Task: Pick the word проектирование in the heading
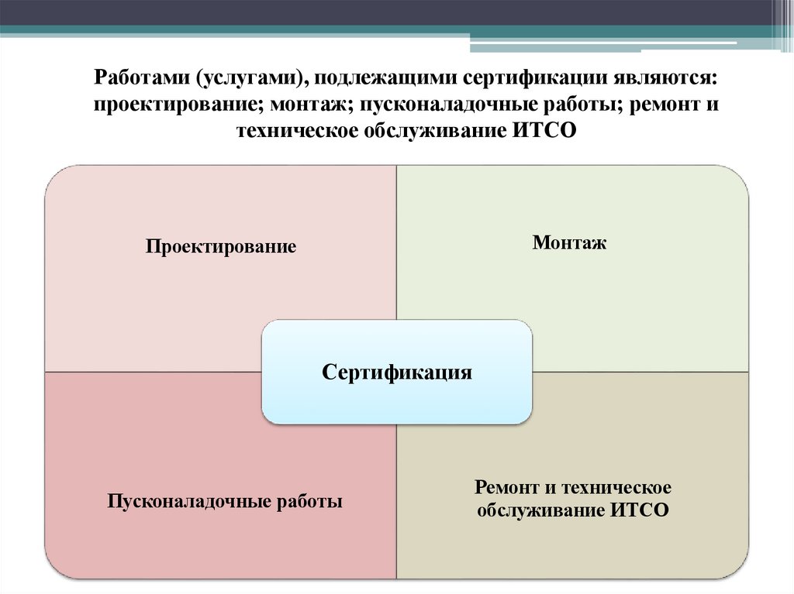(x=178, y=105)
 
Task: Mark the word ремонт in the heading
(x=660, y=105)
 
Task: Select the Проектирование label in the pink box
(x=221, y=248)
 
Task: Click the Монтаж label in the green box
(x=569, y=243)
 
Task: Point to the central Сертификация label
(x=397, y=373)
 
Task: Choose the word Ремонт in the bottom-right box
(x=507, y=488)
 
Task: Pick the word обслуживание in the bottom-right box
(x=540, y=510)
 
